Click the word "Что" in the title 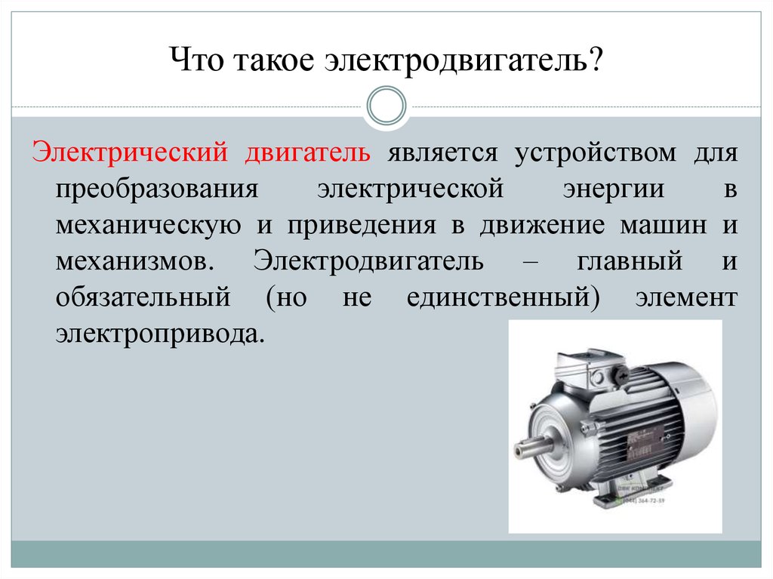(x=197, y=60)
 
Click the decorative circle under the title (x=386, y=106)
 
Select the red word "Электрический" (x=130, y=152)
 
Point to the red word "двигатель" (x=308, y=153)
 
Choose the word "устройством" (x=596, y=153)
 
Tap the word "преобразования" (x=157, y=189)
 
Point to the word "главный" (x=630, y=262)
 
